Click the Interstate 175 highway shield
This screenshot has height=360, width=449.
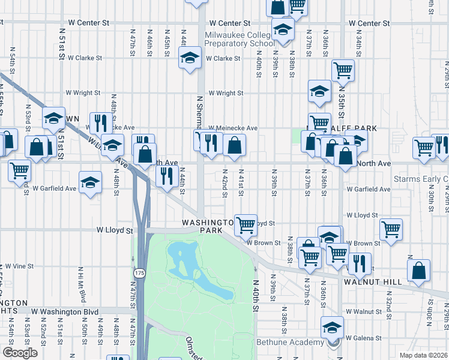[x=139, y=273]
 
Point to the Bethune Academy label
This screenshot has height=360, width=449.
[x=291, y=343]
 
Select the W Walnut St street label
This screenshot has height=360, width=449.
[x=364, y=312]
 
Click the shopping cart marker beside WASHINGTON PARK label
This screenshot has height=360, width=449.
[x=246, y=225]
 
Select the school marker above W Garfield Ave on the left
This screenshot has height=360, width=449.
[x=90, y=181]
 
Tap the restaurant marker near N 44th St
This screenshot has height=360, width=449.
[x=165, y=175]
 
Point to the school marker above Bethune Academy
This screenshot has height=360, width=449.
[x=331, y=328]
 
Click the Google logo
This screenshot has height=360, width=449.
[x=20, y=353]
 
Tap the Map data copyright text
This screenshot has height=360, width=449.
[x=423, y=355]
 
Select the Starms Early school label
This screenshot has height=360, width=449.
[x=420, y=179]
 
